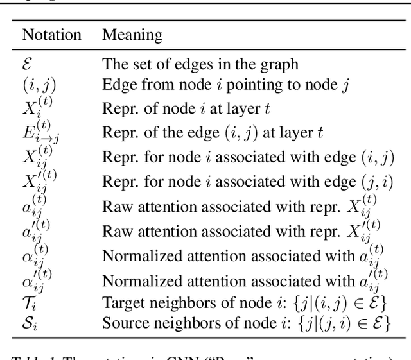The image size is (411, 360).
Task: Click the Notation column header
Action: pyautogui.click(x=51, y=35)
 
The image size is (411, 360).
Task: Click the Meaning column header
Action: pyautogui.click(x=132, y=35)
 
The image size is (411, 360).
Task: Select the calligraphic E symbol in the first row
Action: pyautogui.click(x=28, y=64)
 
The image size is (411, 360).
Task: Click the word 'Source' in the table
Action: pyautogui.click(x=122, y=322)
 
